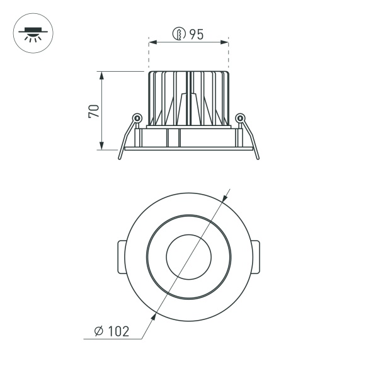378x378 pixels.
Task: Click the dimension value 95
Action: pyautogui.click(x=196, y=35)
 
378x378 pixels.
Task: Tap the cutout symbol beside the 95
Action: pyautogui.click(x=180, y=35)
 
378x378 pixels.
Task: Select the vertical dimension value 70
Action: pyautogui.click(x=93, y=112)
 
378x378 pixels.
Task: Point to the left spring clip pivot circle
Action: pyautogui.click(x=136, y=117)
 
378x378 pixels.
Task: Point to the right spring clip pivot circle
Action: pyautogui.click(x=239, y=117)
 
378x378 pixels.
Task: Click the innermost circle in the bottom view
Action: pyautogui.click(x=188, y=256)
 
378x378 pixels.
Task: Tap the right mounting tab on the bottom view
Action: pyautogui.click(x=256, y=256)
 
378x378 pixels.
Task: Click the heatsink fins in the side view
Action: pyautogui.click(x=188, y=98)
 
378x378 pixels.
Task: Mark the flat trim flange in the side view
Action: pyautogui.click(x=188, y=149)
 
